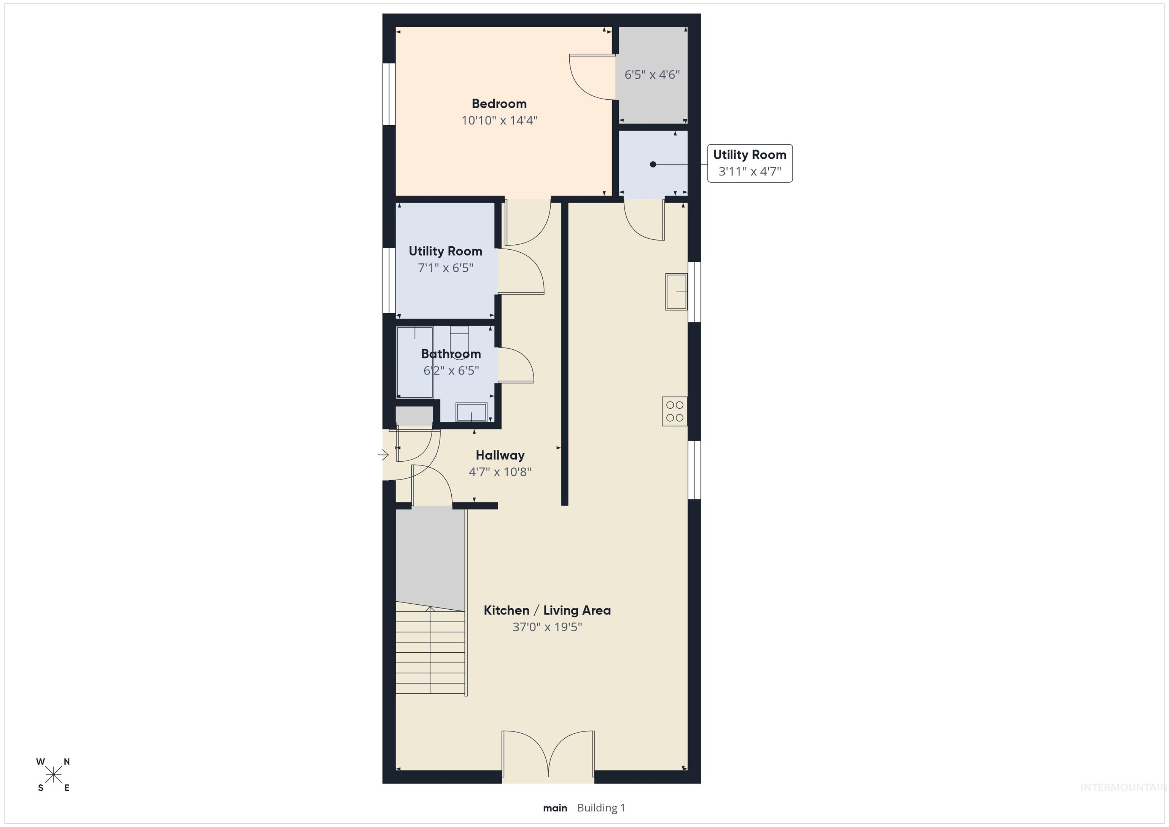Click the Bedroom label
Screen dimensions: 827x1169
(498, 104)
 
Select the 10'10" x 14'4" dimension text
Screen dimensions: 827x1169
(499, 121)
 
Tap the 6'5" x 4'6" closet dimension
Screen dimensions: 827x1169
(652, 75)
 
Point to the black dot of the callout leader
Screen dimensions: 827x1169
(653, 164)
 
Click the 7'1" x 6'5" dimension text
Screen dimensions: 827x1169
(446, 268)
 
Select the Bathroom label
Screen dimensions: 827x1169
(451, 354)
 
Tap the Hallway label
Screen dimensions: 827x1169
(500, 455)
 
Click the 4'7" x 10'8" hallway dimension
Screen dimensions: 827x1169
(500, 472)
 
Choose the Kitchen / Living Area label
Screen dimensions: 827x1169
(547, 610)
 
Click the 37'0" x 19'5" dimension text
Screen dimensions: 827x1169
(547, 627)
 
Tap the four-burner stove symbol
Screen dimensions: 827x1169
(675, 411)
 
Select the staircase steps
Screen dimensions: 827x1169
(430, 652)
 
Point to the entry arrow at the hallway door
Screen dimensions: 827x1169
(383, 455)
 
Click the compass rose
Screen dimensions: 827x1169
(53, 774)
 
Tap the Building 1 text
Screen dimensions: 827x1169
(601, 808)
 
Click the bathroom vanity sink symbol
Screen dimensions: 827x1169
(471, 412)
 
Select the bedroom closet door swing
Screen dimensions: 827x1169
(591, 76)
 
